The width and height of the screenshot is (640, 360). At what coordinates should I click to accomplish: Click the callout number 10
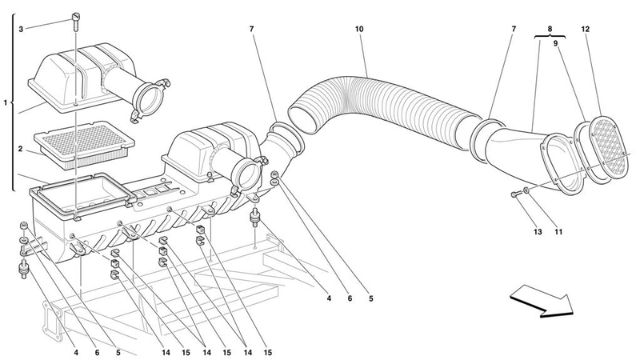pyautogui.click(x=359, y=29)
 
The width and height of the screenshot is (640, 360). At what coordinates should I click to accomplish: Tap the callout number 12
pyautogui.click(x=586, y=29)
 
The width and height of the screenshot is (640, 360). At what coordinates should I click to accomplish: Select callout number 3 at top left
pyautogui.click(x=21, y=29)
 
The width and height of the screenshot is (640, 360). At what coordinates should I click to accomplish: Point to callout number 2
pyautogui.click(x=20, y=149)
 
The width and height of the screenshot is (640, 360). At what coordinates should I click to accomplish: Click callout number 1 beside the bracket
pyautogui.click(x=6, y=103)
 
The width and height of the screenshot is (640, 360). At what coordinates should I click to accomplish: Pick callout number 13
pyautogui.click(x=538, y=232)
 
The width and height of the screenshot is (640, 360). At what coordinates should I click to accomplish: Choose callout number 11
pyautogui.click(x=558, y=232)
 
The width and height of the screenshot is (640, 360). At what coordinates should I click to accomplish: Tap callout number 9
pyautogui.click(x=555, y=43)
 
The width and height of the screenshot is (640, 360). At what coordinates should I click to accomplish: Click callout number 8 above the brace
pyautogui.click(x=550, y=29)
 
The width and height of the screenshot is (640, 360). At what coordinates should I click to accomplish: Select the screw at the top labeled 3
pyautogui.click(x=76, y=21)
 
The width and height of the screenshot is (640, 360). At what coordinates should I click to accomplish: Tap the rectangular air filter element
pyautogui.click(x=85, y=145)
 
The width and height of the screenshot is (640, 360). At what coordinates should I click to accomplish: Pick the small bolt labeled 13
pyautogui.click(x=515, y=195)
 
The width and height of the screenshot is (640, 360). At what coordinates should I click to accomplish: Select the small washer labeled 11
pyautogui.click(x=527, y=190)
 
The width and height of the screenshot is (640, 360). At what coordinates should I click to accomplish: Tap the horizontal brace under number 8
pyautogui.click(x=550, y=37)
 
